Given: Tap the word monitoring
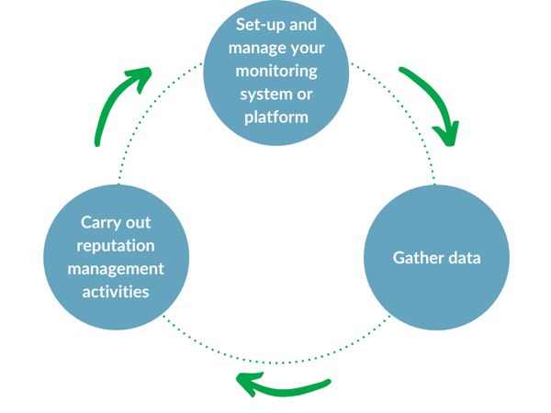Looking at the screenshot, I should point(275,71).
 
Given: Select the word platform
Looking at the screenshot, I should point(275,117).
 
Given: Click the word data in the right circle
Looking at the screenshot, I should point(463,258).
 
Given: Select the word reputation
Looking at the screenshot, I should point(116,246).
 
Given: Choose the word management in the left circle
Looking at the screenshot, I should point(116,269).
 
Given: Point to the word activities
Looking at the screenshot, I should point(116,292).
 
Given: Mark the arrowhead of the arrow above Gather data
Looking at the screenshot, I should point(446,133).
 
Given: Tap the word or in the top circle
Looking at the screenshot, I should point(305,94).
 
